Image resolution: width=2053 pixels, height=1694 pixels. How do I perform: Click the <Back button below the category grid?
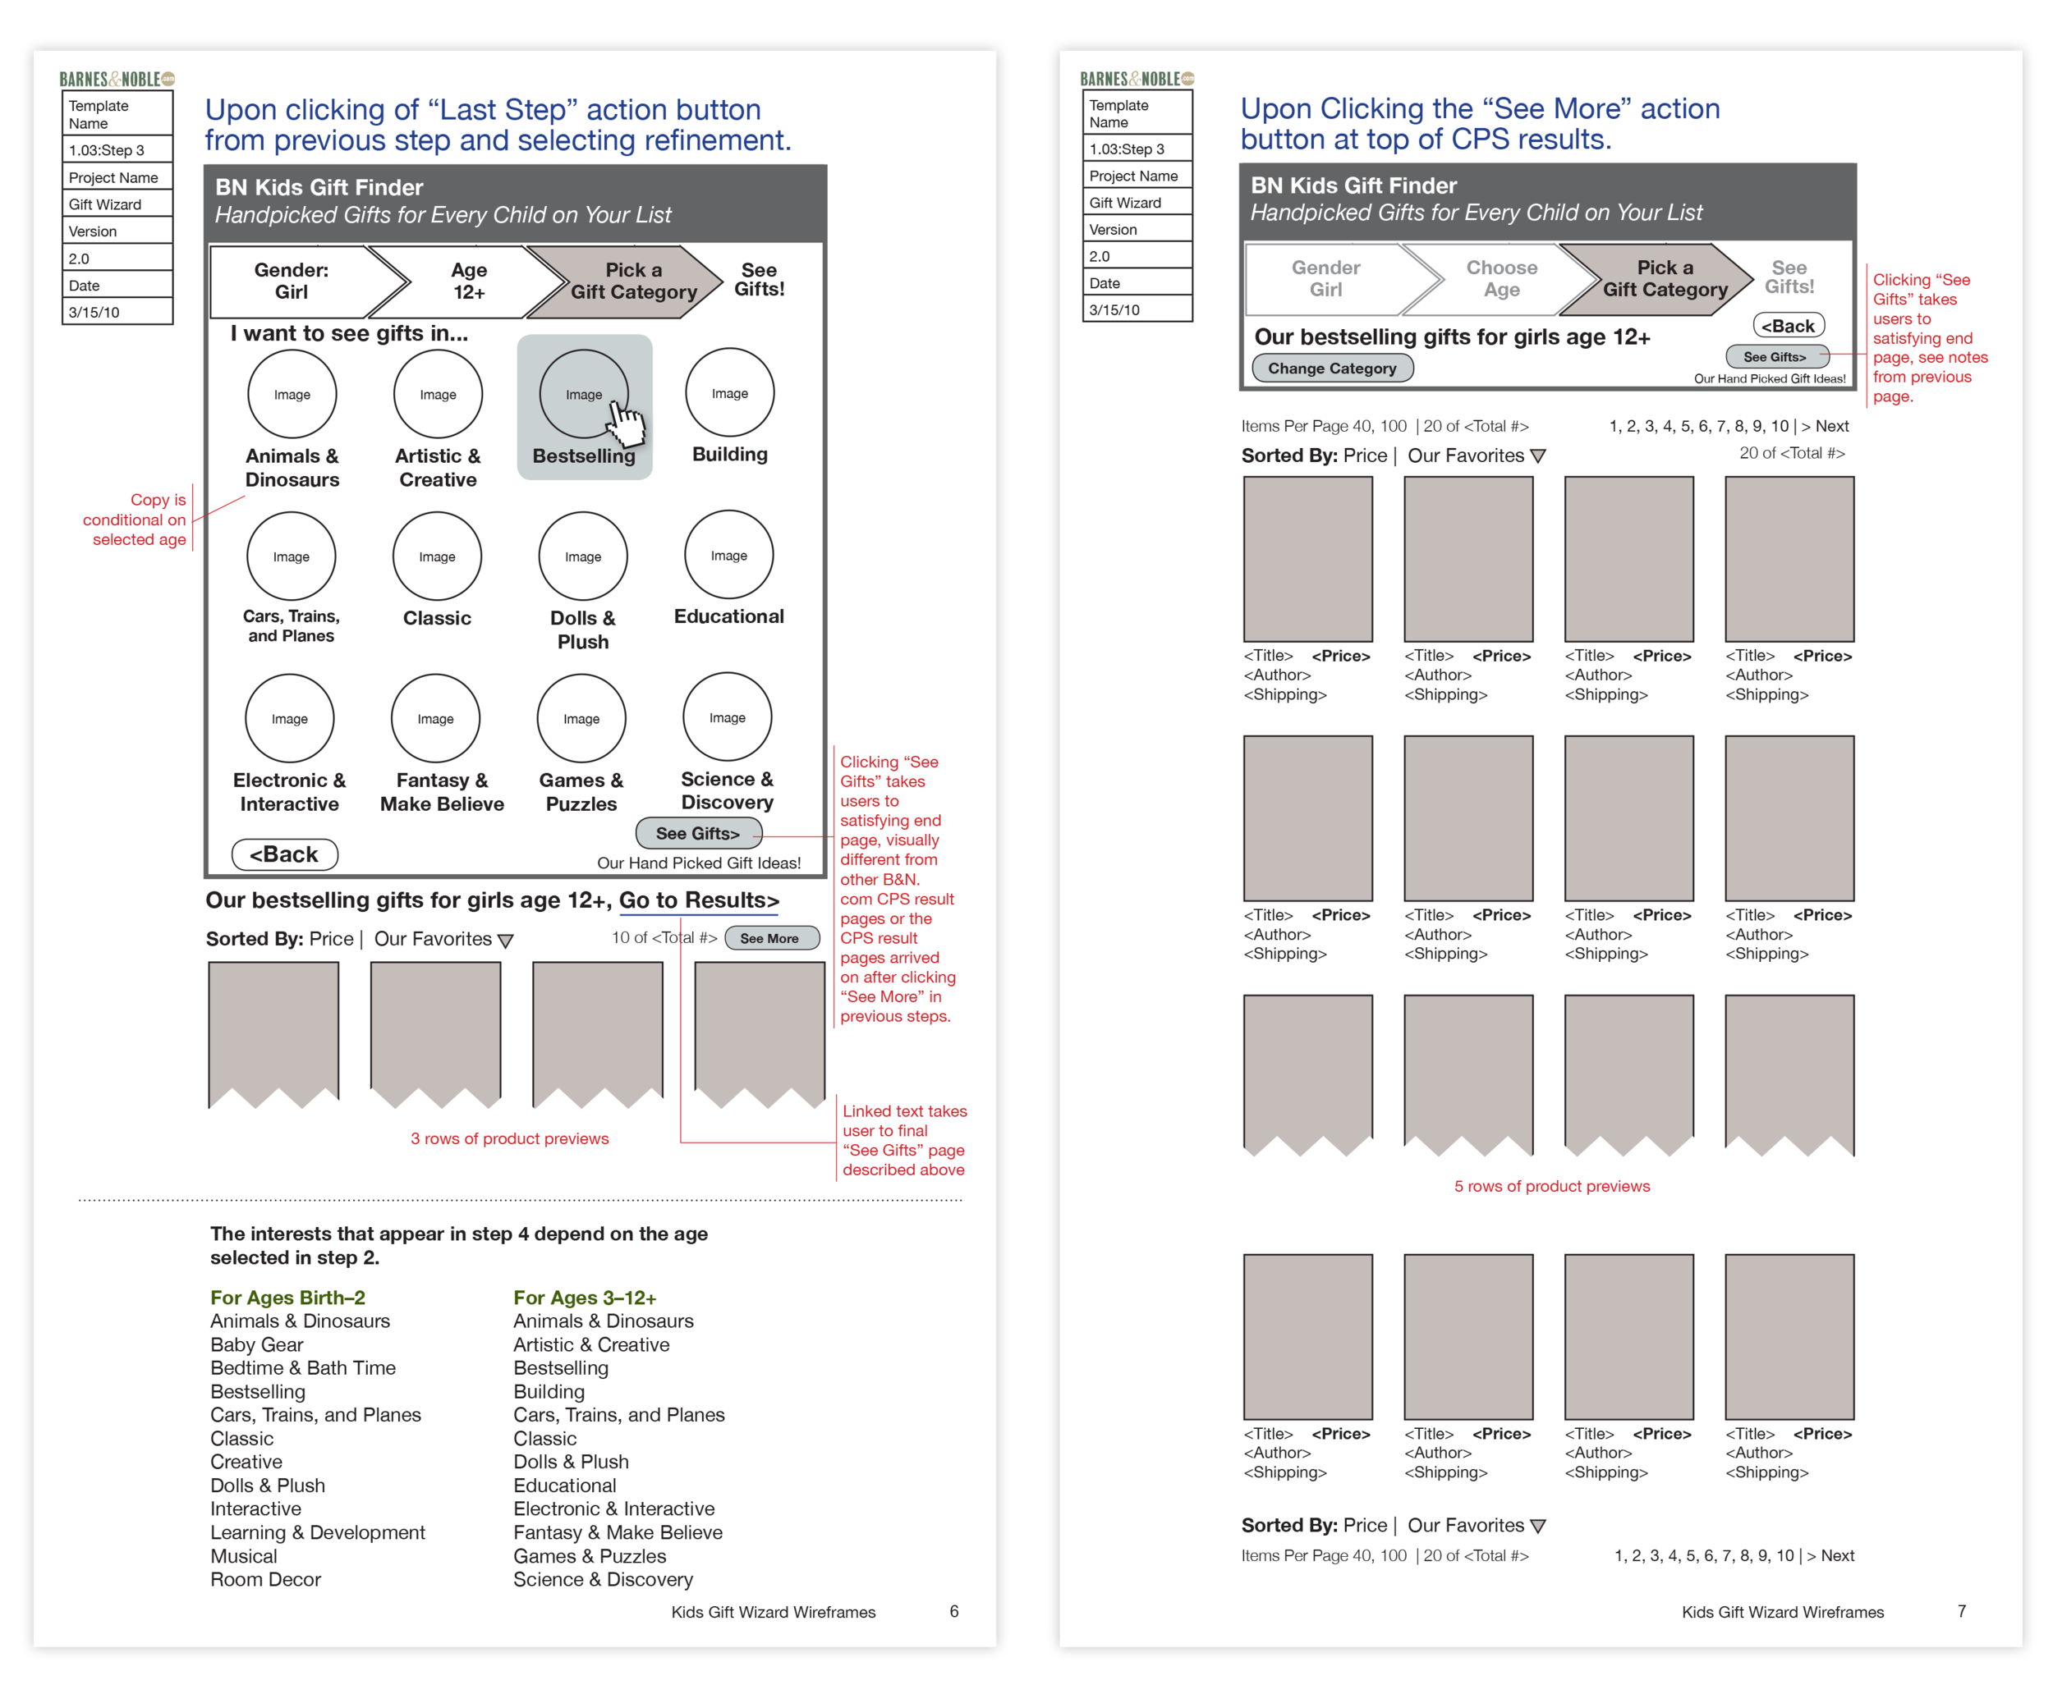pos(284,855)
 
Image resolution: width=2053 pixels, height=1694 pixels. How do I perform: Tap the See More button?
pos(770,939)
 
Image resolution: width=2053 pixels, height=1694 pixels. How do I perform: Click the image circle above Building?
pos(729,393)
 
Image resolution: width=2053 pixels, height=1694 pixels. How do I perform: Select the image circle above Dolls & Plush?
pos(583,556)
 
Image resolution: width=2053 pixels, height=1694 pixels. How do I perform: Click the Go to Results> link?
pos(698,900)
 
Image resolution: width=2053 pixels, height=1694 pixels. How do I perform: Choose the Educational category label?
pos(728,616)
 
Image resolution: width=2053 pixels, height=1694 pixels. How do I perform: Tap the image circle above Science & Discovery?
pos(728,717)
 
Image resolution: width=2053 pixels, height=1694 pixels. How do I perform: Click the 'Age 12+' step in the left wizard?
pos(469,281)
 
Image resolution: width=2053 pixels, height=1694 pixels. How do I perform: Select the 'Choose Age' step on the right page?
pos(1500,279)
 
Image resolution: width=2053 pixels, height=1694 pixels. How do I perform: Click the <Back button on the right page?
pos(1789,326)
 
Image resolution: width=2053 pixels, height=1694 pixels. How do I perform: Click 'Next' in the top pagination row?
pos(1831,427)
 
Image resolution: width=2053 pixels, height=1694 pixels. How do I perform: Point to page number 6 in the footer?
pos(953,1611)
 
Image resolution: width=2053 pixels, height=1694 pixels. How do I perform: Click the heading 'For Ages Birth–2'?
pos(288,1298)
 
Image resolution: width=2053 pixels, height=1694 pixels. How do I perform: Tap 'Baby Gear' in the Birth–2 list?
pos(257,1344)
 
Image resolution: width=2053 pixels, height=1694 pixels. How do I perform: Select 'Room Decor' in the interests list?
pos(265,1579)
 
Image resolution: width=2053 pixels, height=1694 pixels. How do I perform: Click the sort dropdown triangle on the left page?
pos(505,941)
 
